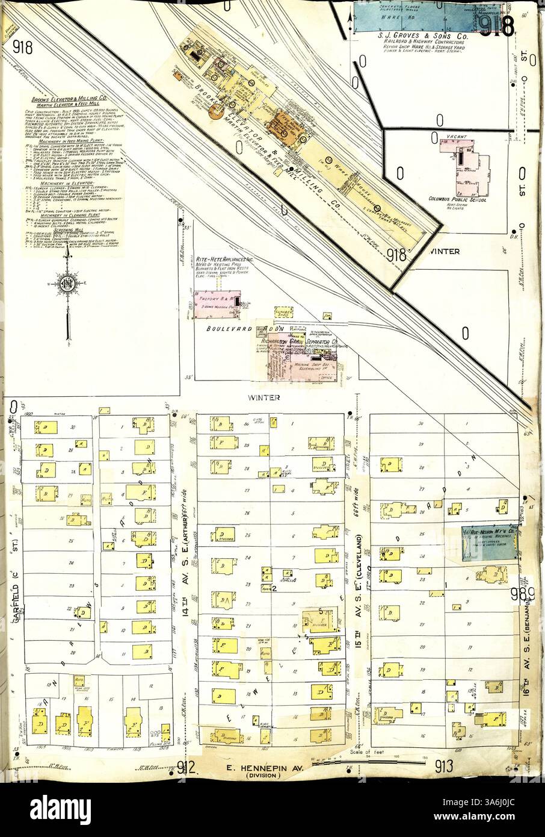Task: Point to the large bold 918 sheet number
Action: click(x=496, y=26)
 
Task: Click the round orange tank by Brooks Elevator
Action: click(x=215, y=110)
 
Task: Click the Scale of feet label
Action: click(x=366, y=753)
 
